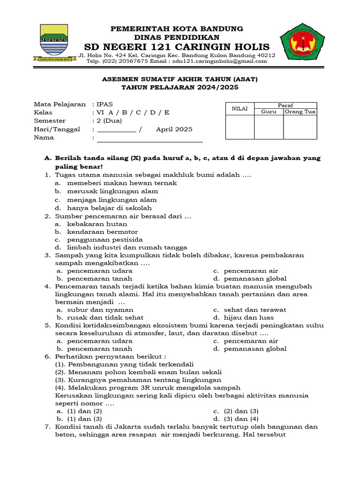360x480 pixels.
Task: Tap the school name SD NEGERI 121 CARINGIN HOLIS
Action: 177,47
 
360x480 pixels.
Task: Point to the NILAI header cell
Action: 240,108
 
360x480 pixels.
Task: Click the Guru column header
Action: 269,112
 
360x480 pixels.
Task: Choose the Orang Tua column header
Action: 300,112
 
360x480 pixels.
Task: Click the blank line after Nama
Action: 149,139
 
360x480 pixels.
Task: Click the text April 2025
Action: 174,129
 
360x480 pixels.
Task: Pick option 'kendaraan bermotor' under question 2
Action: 102,232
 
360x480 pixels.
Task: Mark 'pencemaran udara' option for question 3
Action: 99,271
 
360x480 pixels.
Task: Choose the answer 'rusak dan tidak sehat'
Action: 105,317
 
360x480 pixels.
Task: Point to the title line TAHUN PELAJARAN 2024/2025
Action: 180,87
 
